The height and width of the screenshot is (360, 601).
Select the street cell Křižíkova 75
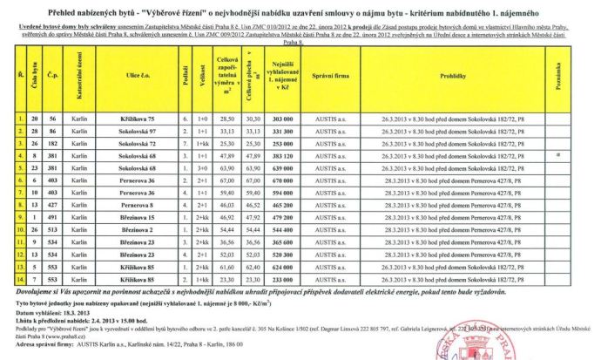point(138,116)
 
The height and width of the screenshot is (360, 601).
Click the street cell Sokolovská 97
point(138,128)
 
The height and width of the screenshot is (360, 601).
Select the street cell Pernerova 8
point(138,204)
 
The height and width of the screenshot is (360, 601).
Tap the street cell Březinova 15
point(138,216)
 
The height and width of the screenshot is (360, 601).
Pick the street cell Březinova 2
point(138,229)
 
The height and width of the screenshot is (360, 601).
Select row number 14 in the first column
point(20,280)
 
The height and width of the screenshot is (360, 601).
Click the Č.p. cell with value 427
point(52,204)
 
